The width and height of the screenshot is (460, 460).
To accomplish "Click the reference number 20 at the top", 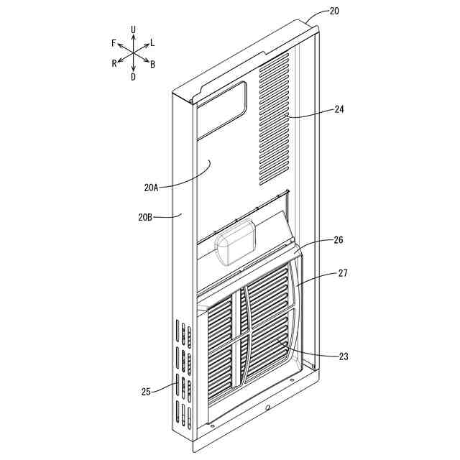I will [x=335, y=11].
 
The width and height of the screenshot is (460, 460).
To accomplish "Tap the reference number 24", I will [x=340, y=110].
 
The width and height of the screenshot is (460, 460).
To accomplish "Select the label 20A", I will [x=151, y=188].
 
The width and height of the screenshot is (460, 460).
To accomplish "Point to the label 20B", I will [x=144, y=215].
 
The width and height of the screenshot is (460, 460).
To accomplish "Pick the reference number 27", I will [x=342, y=273].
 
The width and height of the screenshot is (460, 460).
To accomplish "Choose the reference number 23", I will [x=343, y=356].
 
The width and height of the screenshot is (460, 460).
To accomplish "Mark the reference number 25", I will [x=147, y=392].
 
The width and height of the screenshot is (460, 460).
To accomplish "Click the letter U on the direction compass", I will [x=134, y=29].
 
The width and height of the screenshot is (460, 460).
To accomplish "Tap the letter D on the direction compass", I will [x=133, y=77].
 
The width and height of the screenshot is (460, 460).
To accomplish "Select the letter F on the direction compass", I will [x=114, y=43].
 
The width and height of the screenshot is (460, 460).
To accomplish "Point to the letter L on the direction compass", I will [x=152, y=43].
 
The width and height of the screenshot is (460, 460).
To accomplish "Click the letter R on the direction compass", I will [x=114, y=64].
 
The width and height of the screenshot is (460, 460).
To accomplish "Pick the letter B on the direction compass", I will [x=153, y=64].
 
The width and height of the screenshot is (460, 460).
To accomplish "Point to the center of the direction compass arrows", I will [x=134, y=52].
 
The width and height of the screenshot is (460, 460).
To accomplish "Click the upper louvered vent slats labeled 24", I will [x=274, y=119].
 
